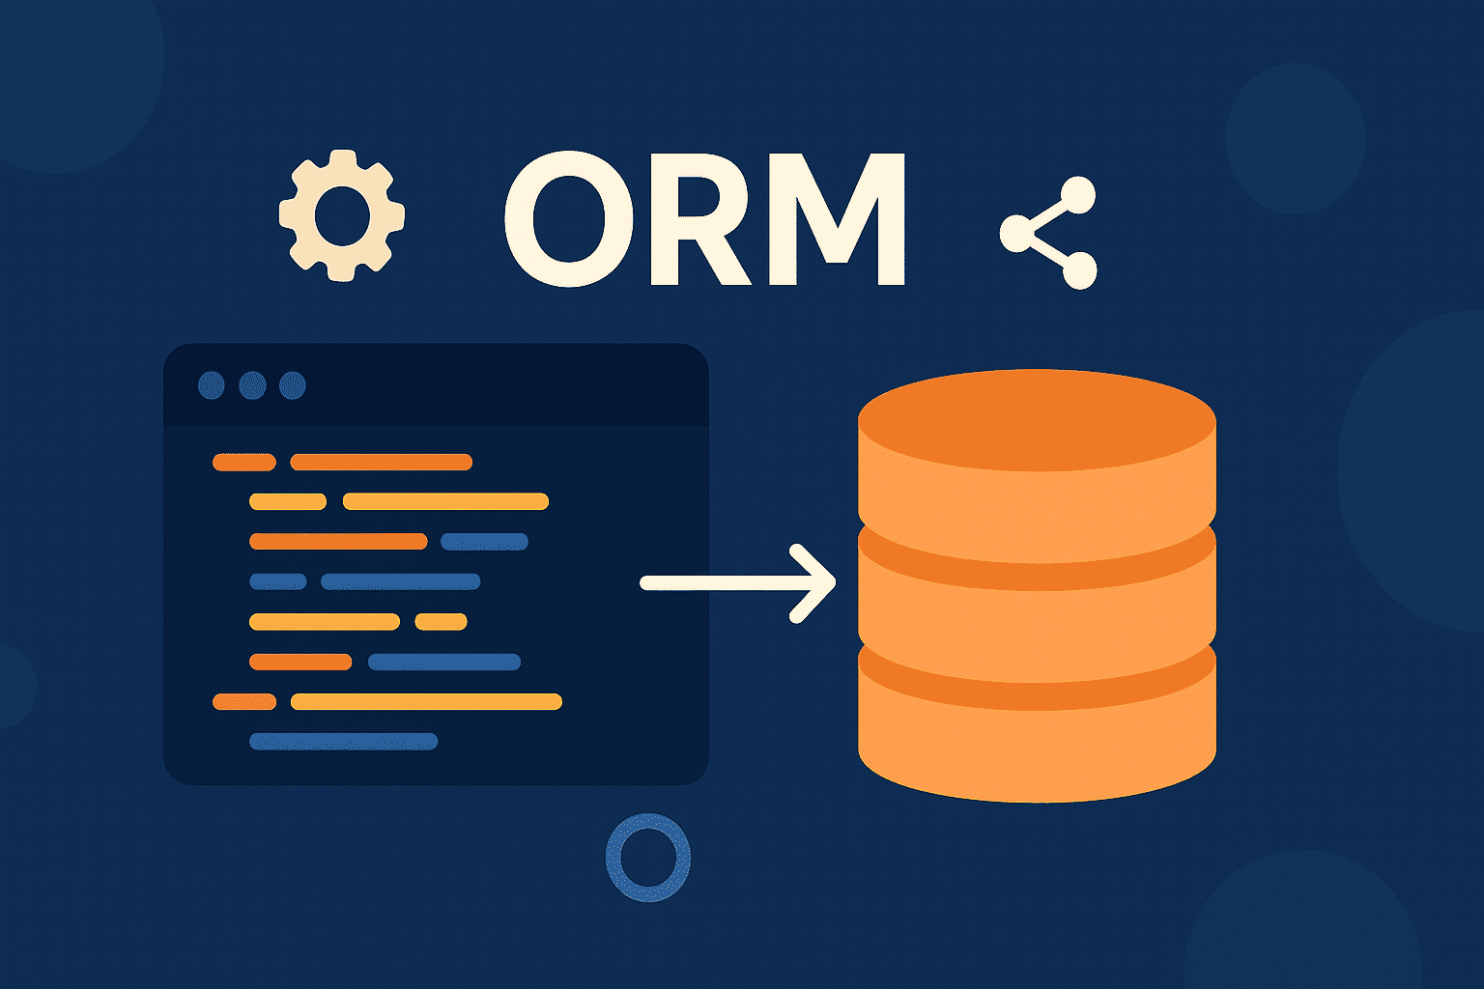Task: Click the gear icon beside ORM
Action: (x=341, y=215)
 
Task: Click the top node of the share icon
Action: (x=1079, y=195)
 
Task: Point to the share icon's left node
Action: (x=1016, y=233)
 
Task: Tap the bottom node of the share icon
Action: (x=1079, y=270)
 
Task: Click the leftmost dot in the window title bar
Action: (x=212, y=385)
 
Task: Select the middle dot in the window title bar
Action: (x=252, y=385)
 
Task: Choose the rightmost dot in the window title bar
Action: (x=292, y=385)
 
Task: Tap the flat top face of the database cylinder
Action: (x=1037, y=419)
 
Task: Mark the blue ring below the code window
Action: (x=647, y=857)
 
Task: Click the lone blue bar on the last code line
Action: (x=343, y=742)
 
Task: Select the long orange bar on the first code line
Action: (x=381, y=463)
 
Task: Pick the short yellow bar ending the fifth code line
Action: (x=441, y=622)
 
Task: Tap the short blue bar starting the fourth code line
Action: (x=278, y=581)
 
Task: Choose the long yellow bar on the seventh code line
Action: (x=426, y=702)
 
